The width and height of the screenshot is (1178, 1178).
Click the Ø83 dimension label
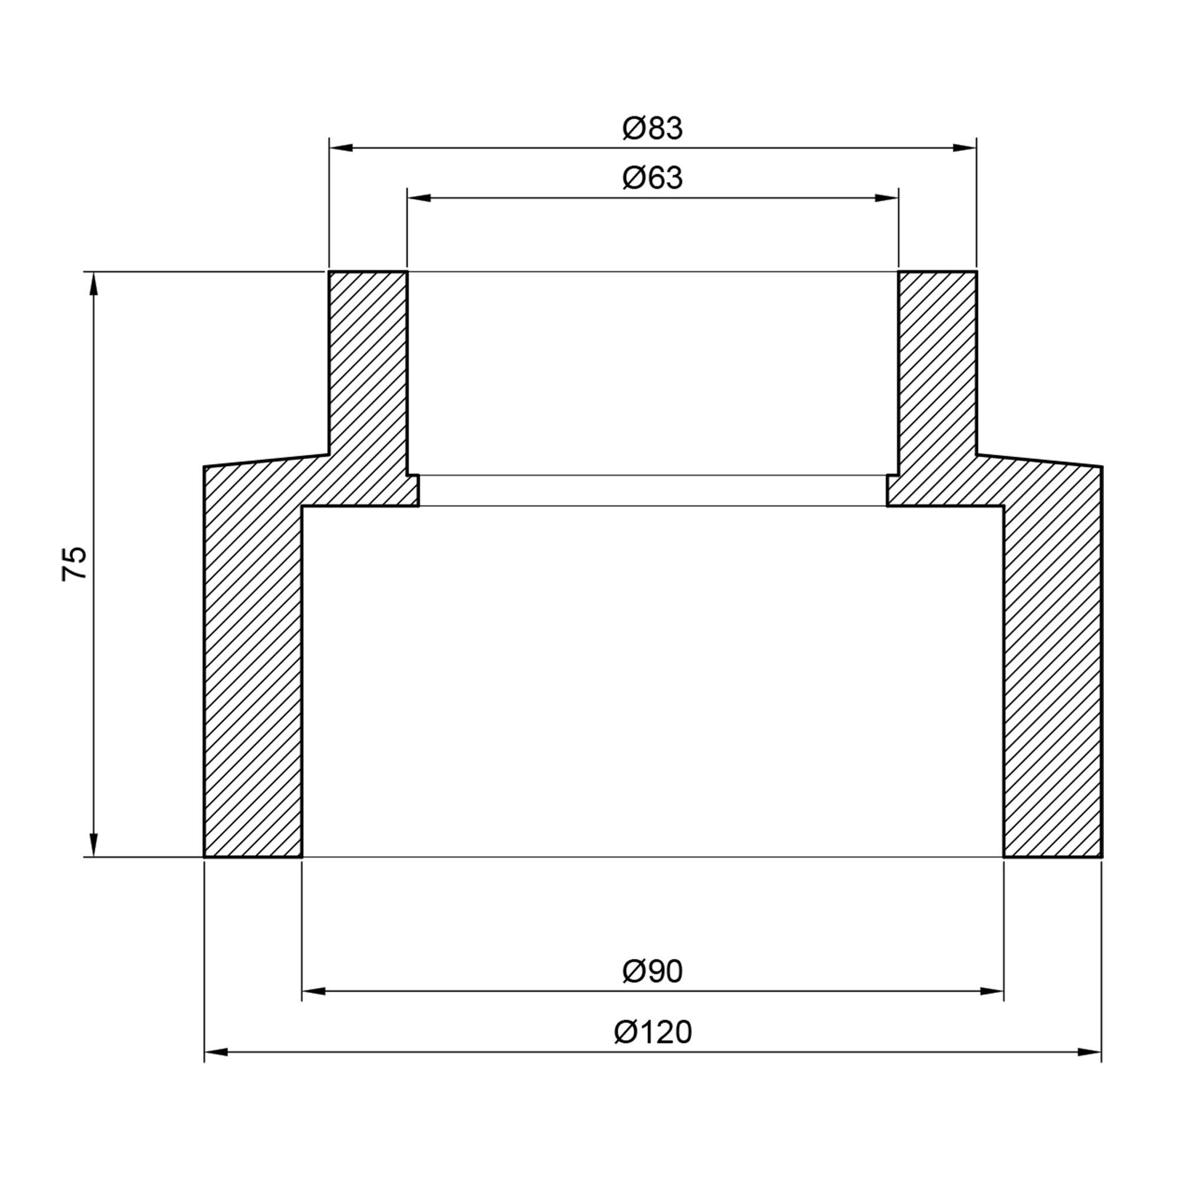(x=653, y=128)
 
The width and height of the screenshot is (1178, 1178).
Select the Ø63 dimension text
(x=653, y=178)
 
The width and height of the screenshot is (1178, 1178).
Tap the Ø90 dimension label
(x=653, y=971)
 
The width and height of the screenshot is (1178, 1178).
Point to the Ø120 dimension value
(x=653, y=1033)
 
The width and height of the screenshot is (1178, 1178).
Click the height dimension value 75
(x=74, y=564)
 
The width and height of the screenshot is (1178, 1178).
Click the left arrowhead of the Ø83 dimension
(x=342, y=148)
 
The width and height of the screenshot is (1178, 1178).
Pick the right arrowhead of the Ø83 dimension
(x=964, y=148)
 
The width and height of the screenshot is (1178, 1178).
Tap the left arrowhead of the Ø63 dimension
(x=419, y=197)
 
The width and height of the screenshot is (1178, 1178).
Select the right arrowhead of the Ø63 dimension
(x=886, y=197)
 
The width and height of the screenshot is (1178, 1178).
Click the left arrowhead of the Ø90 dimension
(x=314, y=991)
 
